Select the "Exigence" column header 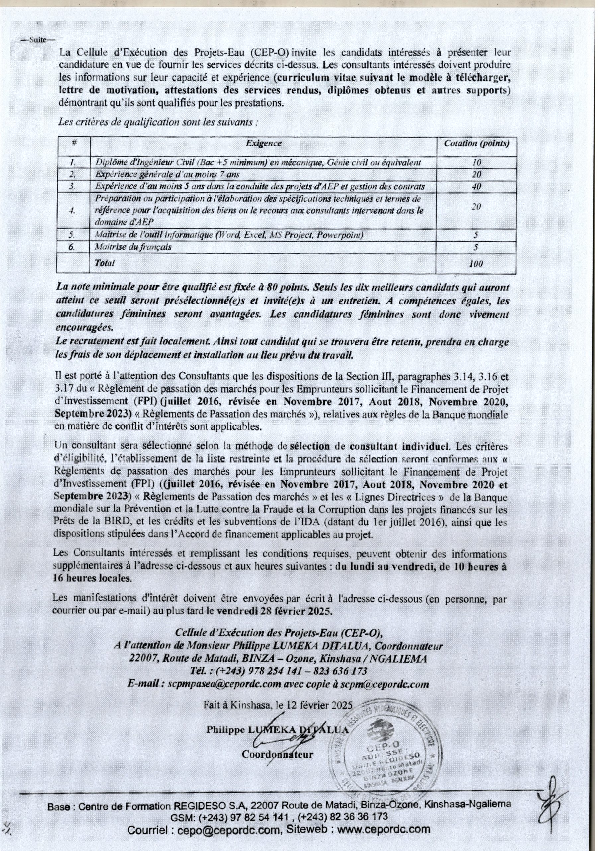263,143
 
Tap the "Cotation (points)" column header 476,143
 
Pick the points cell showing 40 476,186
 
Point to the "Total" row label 105,263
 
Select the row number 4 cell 73,210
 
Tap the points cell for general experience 476,174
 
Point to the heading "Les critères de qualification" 157,122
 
